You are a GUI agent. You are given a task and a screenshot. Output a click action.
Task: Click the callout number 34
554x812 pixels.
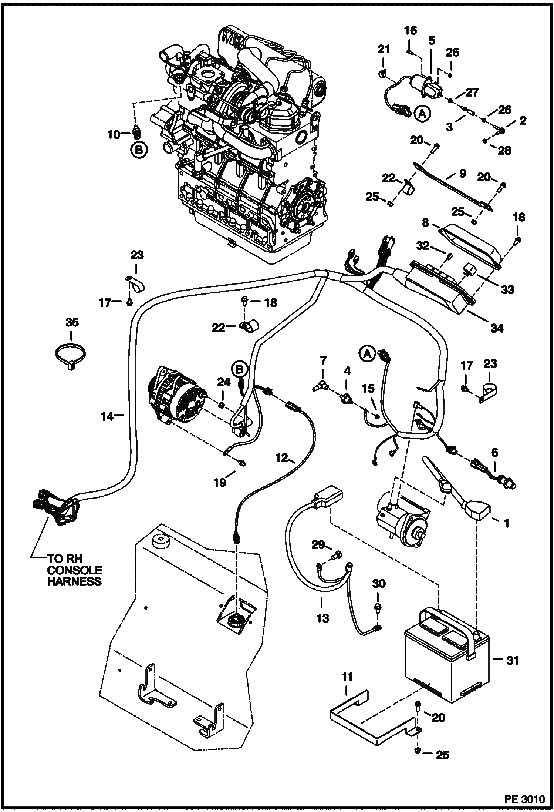[496, 328]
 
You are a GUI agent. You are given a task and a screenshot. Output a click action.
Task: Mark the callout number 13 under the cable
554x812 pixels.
[322, 618]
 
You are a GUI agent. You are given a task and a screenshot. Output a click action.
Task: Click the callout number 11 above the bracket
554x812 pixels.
[347, 677]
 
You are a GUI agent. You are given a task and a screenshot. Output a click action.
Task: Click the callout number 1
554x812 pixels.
[506, 523]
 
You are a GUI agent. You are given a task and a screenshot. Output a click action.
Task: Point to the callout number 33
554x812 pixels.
[508, 290]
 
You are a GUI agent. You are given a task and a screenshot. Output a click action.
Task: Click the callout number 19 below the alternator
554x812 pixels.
[220, 483]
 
